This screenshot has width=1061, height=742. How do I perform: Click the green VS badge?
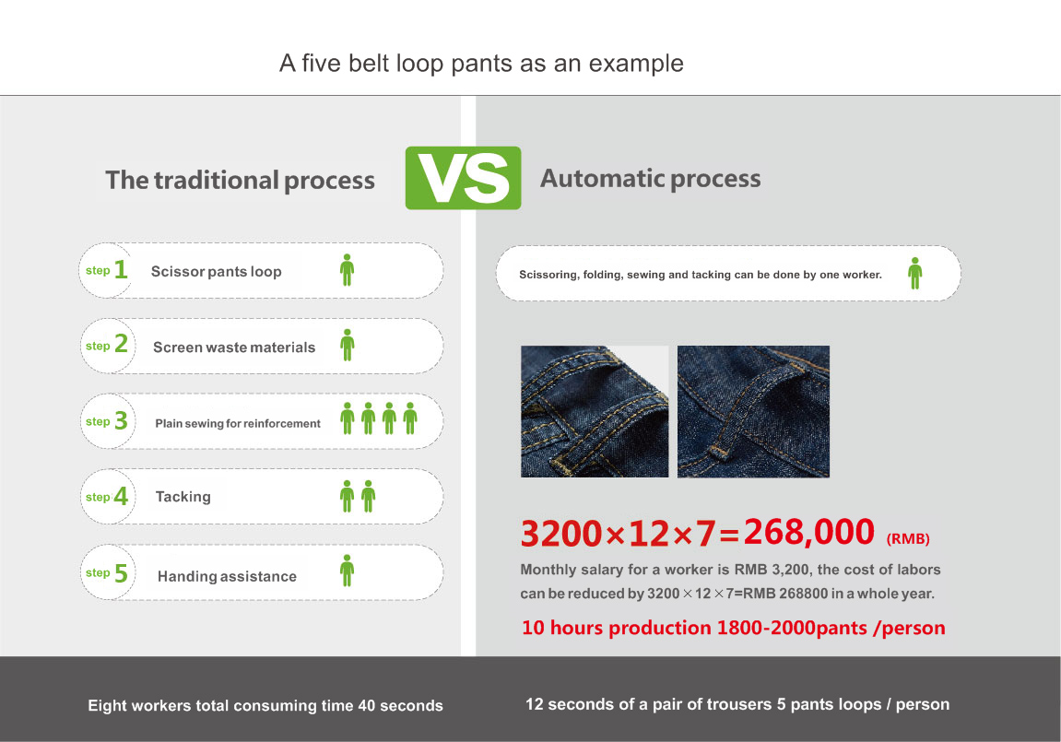[x=463, y=178]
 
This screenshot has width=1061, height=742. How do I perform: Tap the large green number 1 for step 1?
[x=121, y=269]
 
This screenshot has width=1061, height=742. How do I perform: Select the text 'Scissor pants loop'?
[x=216, y=271]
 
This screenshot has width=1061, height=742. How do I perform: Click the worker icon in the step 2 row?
[x=348, y=345]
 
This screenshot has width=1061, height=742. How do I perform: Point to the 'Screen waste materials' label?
[x=234, y=347]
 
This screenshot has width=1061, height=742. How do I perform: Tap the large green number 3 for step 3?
[x=121, y=420]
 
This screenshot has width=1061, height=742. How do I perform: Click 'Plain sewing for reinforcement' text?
[x=238, y=423]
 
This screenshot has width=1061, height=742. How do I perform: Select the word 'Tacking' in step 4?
[x=183, y=497]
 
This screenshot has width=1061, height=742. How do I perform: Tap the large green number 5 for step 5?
[x=121, y=573]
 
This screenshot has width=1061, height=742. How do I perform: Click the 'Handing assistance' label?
[x=227, y=576]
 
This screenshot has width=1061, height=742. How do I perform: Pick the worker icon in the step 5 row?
[x=348, y=571]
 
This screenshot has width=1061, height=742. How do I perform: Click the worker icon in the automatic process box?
[x=914, y=273]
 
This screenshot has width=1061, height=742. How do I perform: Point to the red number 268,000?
[x=809, y=532]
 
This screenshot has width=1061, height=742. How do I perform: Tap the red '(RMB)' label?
[x=908, y=539]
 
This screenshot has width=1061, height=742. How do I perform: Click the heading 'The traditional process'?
[x=241, y=180]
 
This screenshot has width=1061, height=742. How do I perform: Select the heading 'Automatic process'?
[x=650, y=179]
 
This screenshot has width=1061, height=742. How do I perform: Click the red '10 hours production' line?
[x=734, y=628]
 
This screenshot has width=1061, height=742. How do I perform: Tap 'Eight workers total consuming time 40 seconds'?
[x=265, y=705]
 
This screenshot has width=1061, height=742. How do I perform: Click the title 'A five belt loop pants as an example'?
[x=481, y=64]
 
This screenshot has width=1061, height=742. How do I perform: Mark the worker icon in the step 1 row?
[x=348, y=270]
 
